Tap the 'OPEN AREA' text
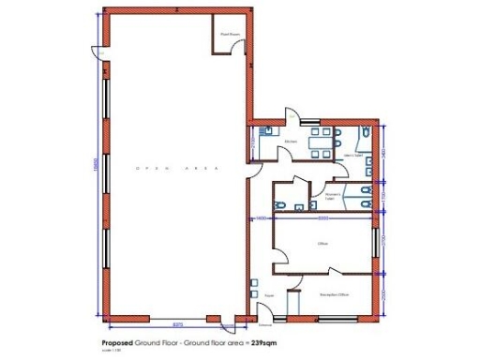(178, 168)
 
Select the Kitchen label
(292, 142)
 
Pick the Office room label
(321, 243)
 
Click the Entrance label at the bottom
(265, 324)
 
